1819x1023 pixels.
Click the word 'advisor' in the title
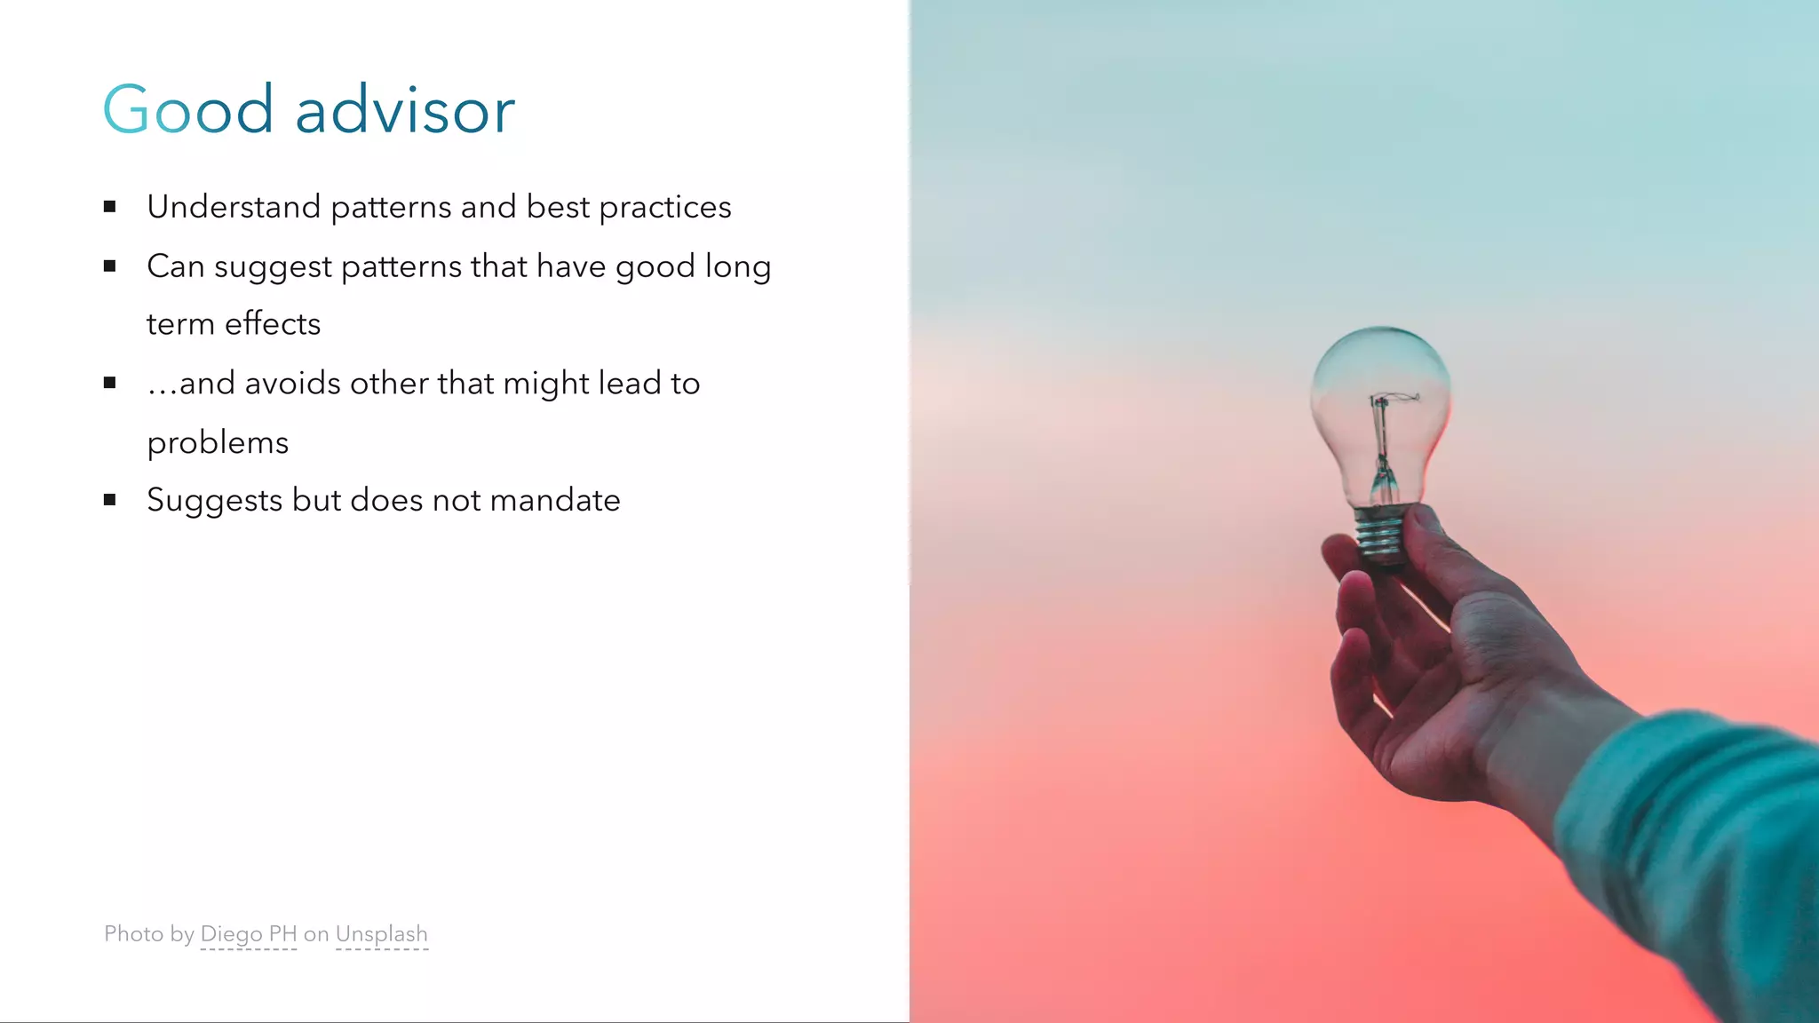click(405, 111)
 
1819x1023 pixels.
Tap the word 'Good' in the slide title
click(188, 111)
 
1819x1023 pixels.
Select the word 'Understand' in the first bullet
click(234, 207)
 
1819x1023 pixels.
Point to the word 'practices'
click(664, 208)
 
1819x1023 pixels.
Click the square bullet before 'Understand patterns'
click(110, 207)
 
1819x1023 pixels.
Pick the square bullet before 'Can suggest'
click(110, 266)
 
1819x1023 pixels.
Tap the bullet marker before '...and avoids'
click(110, 383)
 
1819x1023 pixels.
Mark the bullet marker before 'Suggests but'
click(110, 500)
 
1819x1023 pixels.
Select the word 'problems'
click(218, 443)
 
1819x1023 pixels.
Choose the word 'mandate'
click(555, 501)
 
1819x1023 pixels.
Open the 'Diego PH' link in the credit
click(249, 934)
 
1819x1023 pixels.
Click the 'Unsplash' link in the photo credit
click(382, 934)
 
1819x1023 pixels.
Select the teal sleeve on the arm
click(1688, 844)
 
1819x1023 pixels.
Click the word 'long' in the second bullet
click(737, 266)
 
